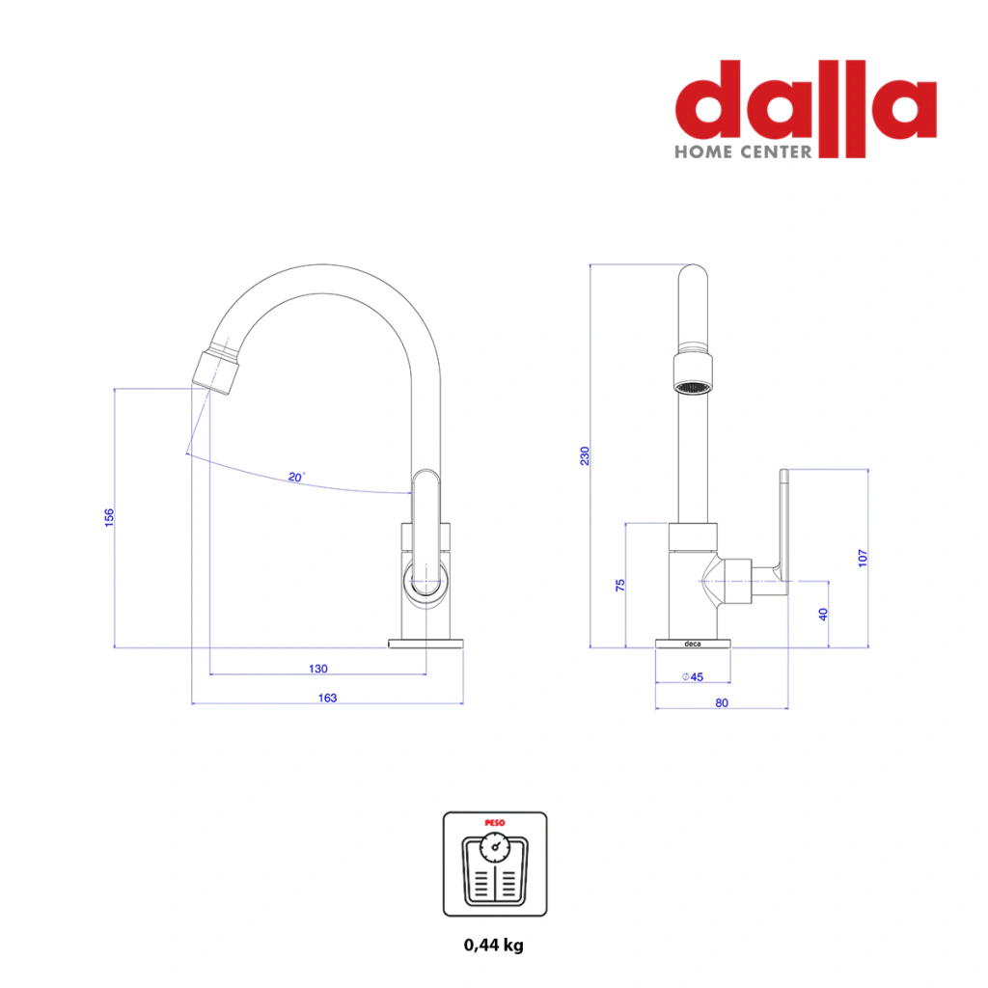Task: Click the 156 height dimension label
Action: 109,517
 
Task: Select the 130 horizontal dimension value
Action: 318,669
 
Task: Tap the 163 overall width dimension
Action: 328,698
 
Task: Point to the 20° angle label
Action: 296,477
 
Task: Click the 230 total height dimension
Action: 585,455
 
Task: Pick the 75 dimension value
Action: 620,585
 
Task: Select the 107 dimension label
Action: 863,558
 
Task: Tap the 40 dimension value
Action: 823,615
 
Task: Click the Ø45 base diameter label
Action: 693,676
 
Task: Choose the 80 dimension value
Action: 722,702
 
